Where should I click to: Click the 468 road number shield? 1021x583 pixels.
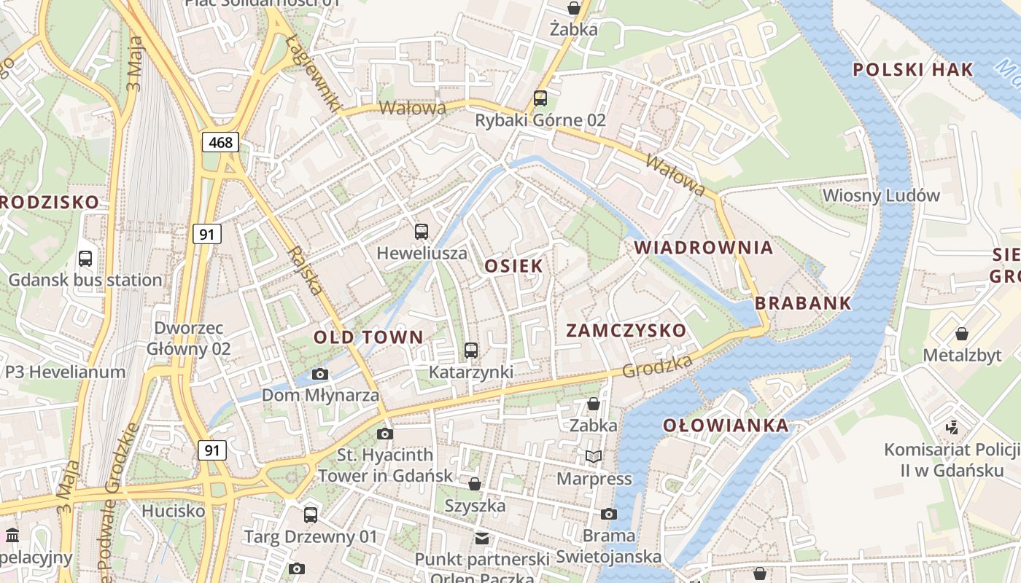click(x=220, y=142)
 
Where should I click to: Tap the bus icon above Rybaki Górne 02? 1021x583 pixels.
click(x=540, y=98)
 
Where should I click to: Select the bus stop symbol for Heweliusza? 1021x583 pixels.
click(x=422, y=232)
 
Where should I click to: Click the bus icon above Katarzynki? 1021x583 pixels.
click(x=471, y=351)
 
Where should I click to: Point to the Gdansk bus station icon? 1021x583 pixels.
click(x=85, y=258)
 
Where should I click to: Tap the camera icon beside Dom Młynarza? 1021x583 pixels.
click(x=319, y=375)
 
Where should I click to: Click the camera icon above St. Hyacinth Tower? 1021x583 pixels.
click(x=385, y=434)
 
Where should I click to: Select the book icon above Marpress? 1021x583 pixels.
click(x=594, y=457)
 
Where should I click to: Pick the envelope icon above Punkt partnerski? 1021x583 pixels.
click(x=482, y=539)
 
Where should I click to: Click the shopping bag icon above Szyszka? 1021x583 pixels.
click(x=475, y=484)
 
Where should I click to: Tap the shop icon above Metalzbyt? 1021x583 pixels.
click(x=962, y=334)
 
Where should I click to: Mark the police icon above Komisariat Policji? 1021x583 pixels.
click(x=952, y=427)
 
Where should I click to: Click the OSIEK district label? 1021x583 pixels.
click(x=514, y=266)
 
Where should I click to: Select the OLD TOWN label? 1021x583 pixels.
click(x=368, y=337)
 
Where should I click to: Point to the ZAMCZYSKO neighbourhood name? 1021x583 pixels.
click(x=626, y=330)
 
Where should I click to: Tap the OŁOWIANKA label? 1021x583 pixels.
click(x=726, y=426)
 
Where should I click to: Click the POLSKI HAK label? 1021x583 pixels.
click(x=912, y=70)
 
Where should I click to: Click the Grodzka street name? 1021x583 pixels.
click(x=657, y=367)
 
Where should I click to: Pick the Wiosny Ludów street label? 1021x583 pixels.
click(x=881, y=195)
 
